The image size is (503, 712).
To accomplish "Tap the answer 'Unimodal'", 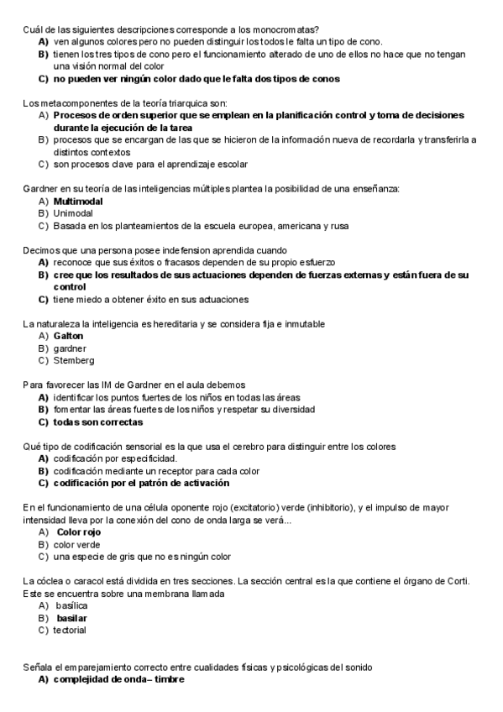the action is [72, 213].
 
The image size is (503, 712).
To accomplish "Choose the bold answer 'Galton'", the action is [68, 336].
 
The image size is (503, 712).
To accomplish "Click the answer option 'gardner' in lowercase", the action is [70, 348].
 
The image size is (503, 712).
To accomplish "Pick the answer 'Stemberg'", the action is [74, 360].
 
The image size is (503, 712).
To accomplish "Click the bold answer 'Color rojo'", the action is [79, 531].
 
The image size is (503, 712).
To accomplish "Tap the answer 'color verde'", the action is [76, 544].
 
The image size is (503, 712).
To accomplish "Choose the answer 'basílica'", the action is [71, 605].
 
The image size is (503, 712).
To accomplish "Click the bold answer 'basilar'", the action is [72, 618].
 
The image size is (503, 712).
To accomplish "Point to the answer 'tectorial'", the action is [70, 630].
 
